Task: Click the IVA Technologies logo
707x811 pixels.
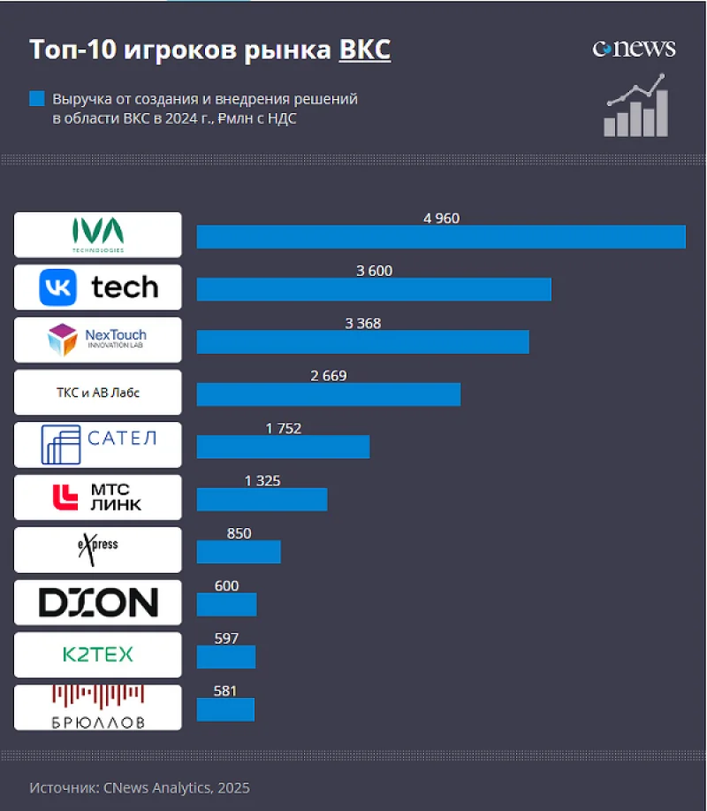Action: pos(98,234)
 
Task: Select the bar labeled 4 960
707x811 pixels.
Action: pos(440,237)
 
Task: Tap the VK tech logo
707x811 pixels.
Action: pos(98,287)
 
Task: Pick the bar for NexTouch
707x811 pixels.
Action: pos(362,342)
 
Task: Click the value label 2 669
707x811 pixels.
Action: pos(329,376)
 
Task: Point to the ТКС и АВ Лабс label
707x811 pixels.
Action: pos(98,393)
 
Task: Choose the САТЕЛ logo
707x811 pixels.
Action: pos(98,445)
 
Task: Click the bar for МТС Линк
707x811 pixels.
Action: pos(262,500)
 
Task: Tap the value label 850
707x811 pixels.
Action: pos(239,533)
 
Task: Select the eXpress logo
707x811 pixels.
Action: pos(98,549)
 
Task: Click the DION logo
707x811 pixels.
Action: pos(98,602)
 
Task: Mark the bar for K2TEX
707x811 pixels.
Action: pos(225,657)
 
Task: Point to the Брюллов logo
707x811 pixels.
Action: pos(98,708)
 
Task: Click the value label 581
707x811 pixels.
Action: pos(226,691)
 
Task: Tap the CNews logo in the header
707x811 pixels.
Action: pos(634,49)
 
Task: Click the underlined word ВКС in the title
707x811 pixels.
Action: pos(364,50)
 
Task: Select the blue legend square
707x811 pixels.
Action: pos(36,99)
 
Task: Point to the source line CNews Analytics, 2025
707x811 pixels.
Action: pos(139,787)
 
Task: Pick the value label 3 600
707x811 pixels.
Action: pos(374,271)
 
